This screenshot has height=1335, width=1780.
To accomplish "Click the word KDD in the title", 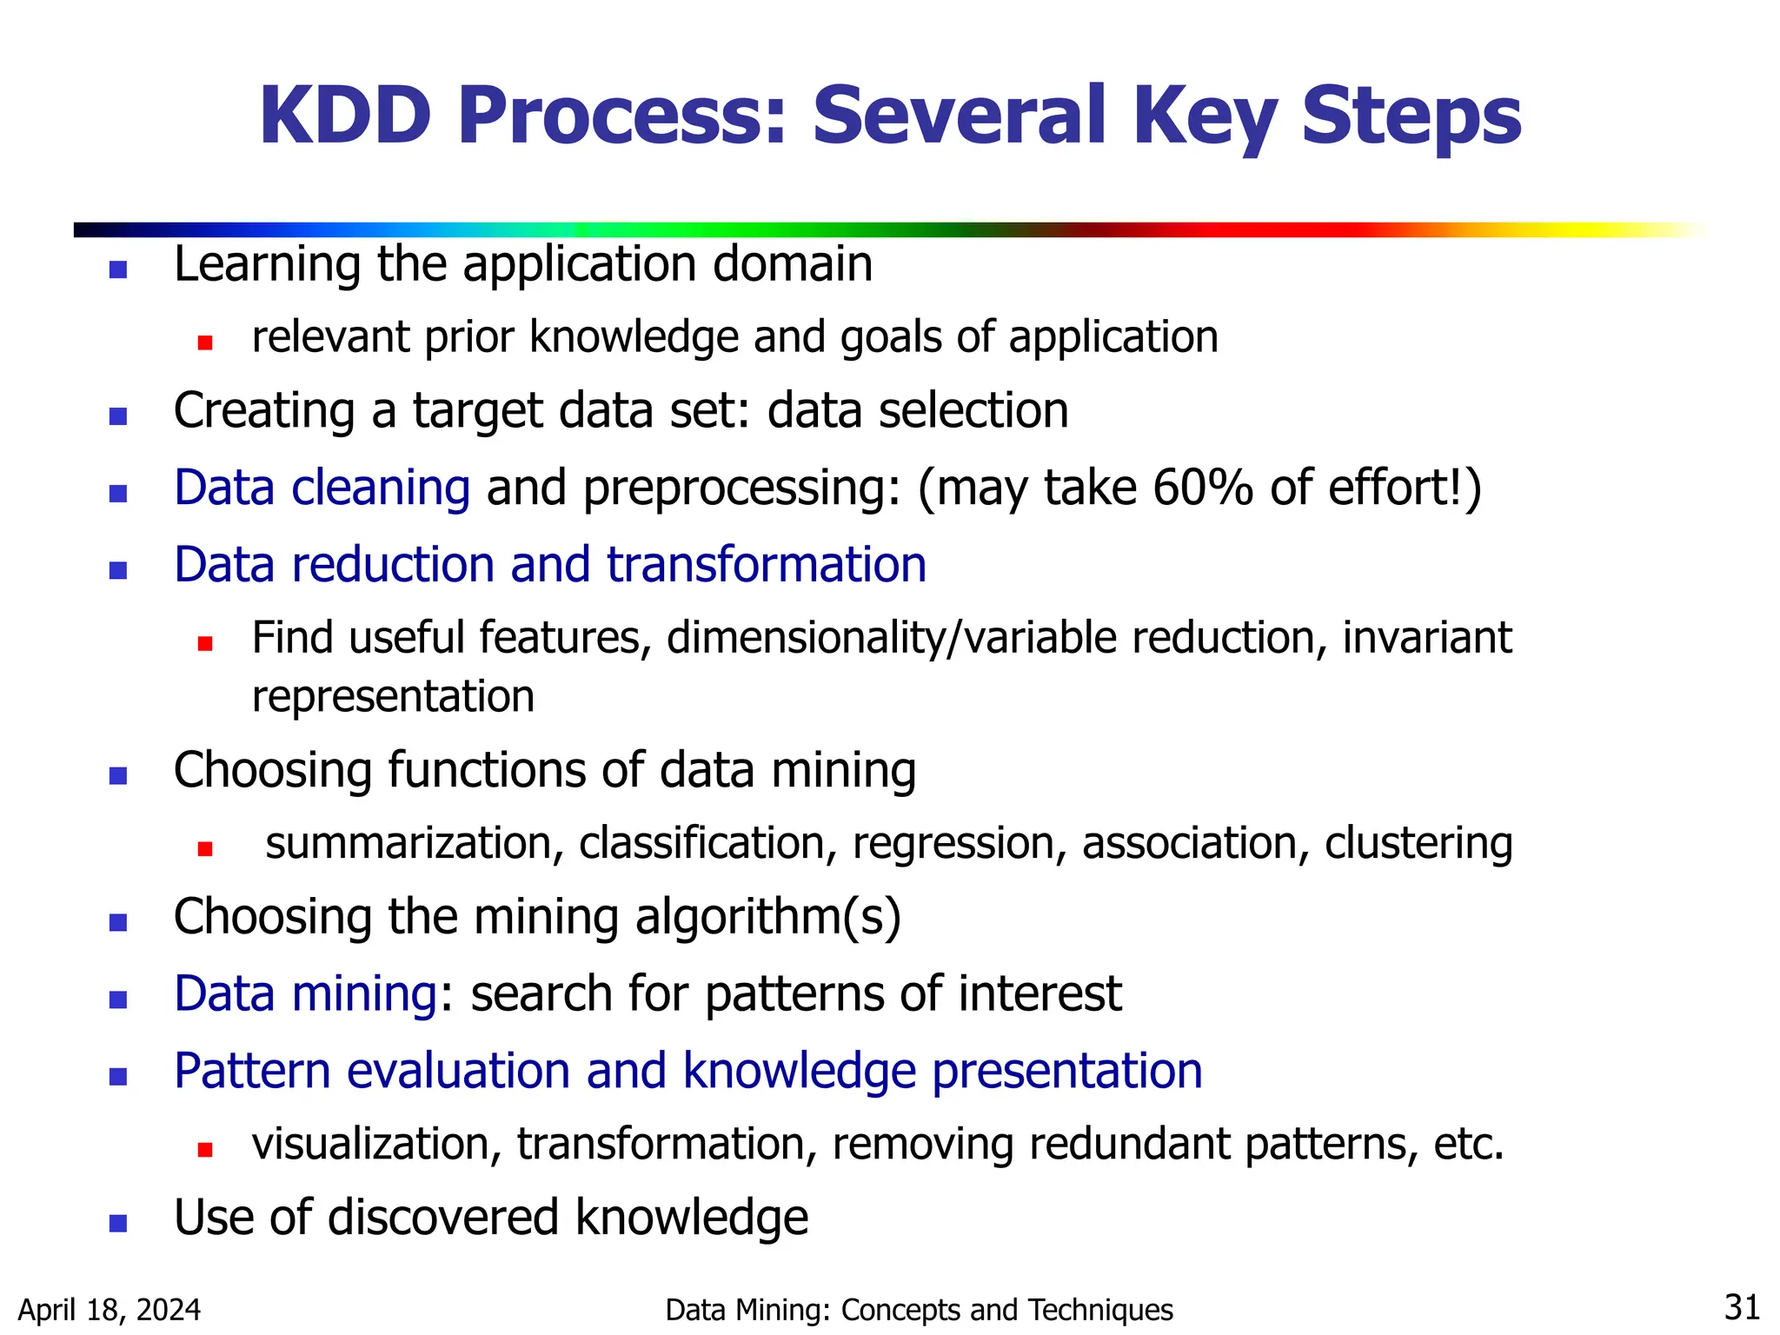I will (345, 116).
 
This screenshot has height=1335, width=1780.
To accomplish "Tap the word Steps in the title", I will (1411, 116).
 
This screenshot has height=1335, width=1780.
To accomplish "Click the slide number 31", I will (1742, 1307).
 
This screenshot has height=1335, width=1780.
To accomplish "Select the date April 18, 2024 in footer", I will (110, 1310).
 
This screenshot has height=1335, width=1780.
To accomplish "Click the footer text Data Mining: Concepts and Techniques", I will (919, 1310).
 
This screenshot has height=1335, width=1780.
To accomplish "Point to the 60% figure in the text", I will (1202, 488).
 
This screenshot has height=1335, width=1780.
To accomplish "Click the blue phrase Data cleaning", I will (322, 488).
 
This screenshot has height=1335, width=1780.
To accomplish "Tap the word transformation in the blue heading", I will (766, 565).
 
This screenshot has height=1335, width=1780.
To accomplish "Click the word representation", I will (393, 697).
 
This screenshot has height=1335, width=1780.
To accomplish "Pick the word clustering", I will (1418, 844).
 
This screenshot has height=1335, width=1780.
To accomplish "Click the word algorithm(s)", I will (768, 917).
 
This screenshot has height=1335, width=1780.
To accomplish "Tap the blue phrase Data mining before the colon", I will (305, 993).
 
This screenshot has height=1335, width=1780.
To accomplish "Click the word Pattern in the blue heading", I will (251, 1071).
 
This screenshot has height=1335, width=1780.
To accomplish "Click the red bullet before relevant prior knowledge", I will (205, 342).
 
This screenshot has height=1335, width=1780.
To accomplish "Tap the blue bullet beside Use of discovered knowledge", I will (118, 1224).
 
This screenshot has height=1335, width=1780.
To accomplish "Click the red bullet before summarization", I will (205, 849).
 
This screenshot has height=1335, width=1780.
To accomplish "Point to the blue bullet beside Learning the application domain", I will (118, 269).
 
